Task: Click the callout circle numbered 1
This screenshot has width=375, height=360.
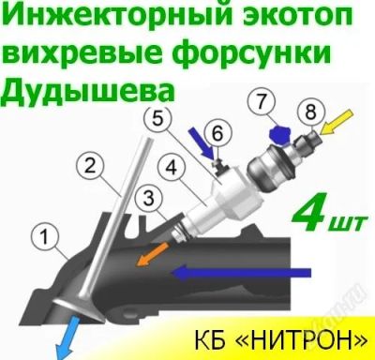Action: point(45,236)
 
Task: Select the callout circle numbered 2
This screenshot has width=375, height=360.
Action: point(90,166)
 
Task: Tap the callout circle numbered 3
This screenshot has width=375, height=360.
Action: point(149,198)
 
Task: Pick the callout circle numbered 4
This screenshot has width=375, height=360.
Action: point(172,168)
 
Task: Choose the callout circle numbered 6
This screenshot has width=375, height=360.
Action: point(217,134)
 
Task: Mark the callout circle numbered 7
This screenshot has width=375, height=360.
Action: point(262,101)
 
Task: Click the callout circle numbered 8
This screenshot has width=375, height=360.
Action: point(311,112)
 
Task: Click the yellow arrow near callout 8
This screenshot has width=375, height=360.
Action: point(337,122)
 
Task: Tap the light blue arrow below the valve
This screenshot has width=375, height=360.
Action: point(67,337)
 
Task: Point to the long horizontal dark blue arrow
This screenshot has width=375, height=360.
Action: point(241,273)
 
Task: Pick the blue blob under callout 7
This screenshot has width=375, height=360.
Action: point(280,135)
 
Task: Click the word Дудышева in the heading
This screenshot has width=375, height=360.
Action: point(87,88)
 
